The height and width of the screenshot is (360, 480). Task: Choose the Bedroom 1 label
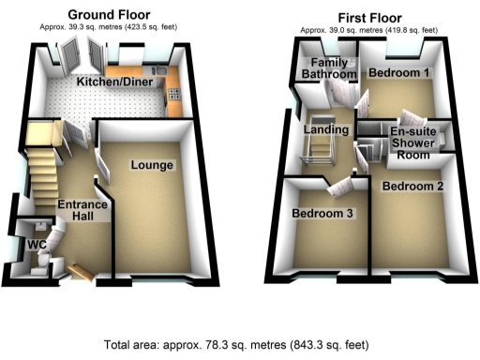click(398, 72)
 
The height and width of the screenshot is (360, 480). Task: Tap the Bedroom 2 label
click(412, 186)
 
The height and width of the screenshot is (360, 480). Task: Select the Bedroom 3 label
click(322, 214)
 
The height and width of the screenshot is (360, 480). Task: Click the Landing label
click(327, 128)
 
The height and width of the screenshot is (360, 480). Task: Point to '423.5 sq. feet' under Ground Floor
click(148, 26)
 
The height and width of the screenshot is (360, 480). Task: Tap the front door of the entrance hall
click(81, 273)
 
